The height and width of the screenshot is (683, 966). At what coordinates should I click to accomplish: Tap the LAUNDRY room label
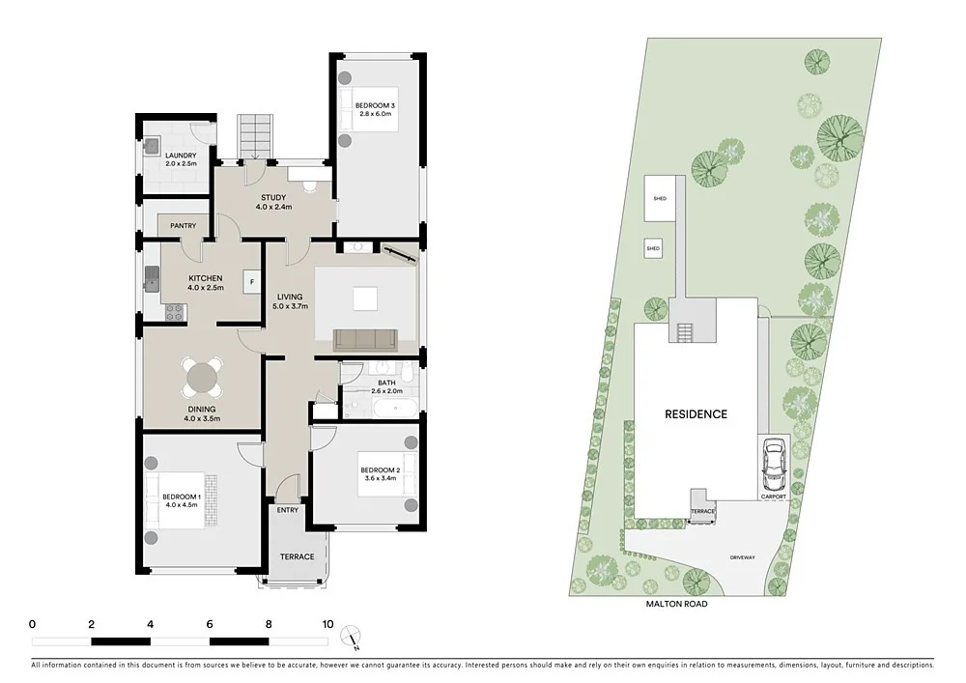(x=181, y=156)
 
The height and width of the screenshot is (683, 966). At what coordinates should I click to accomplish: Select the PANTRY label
(x=183, y=226)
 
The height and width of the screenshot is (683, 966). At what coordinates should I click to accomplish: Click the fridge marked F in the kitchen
(x=252, y=282)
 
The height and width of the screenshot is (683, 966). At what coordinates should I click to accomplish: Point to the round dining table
(x=203, y=377)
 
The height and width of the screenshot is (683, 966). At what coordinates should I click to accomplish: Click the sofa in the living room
(x=365, y=338)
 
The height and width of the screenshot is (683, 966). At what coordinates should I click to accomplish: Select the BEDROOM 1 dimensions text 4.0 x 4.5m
(x=180, y=504)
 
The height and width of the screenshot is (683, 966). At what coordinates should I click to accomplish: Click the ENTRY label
(x=288, y=510)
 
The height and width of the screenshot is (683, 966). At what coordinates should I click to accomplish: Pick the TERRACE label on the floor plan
(x=297, y=556)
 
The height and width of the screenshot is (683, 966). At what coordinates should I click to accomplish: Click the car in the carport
(x=773, y=466)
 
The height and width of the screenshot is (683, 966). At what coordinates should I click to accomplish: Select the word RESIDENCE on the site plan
(x=696, y=413)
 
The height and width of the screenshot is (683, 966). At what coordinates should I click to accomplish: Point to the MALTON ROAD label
(x=676, y=604)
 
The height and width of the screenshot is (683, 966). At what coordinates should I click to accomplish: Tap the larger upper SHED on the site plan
(x=661, y=198)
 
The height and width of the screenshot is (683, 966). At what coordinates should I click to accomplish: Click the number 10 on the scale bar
(x=327, y=624)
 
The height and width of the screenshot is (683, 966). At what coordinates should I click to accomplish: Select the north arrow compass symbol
(x=355, y=635)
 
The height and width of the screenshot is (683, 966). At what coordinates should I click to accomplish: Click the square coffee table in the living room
(x=365, y=299)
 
